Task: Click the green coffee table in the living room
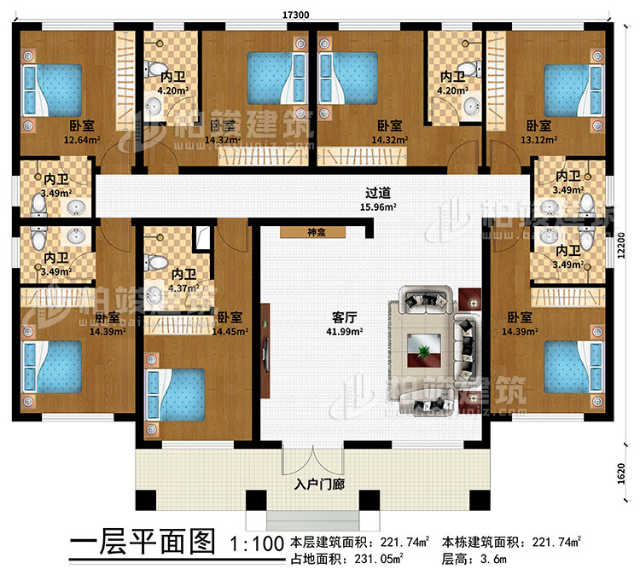click(424, 346)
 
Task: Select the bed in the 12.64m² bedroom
click(51, 90)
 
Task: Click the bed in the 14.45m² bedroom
click(179, 394)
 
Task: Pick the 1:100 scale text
click(256, 543)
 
